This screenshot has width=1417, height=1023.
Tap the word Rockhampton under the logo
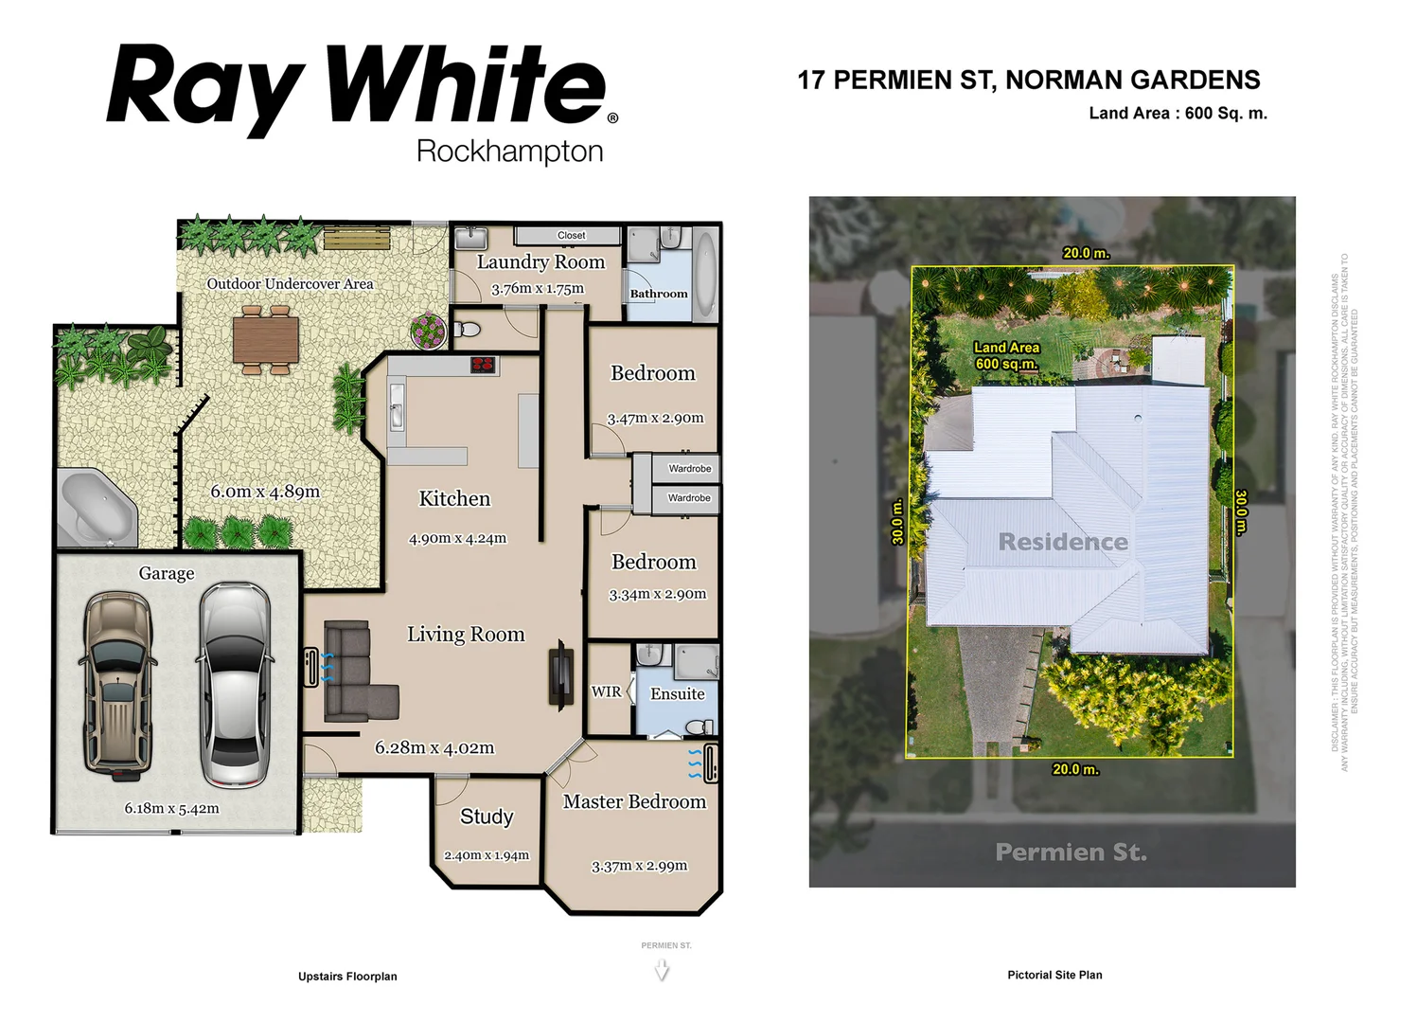pos(509,152)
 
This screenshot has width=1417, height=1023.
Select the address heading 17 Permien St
pos(1028,81)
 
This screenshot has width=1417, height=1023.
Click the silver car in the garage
pos(236,684)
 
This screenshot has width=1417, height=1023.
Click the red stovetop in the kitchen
pos(483,365)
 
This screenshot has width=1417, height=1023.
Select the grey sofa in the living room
pos(356,672)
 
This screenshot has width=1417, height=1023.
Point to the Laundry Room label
pos(540,262)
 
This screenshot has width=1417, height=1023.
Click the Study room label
pos(487,817)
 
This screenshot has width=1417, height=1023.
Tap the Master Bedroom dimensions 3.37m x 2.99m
pos(639,866)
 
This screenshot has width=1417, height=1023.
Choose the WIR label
pos(606,691)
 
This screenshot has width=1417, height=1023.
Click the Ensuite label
pos(677,694)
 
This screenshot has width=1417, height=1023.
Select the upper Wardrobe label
pos(689,469)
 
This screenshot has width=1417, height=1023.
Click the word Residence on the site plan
pos(1062,542)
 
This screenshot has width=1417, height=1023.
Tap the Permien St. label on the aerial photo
pos(1071,852)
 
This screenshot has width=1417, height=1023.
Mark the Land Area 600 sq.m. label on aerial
pos(1006,356)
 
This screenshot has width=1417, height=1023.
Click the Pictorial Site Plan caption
pos(1054,975)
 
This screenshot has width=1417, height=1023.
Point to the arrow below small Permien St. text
pos(662,970)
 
